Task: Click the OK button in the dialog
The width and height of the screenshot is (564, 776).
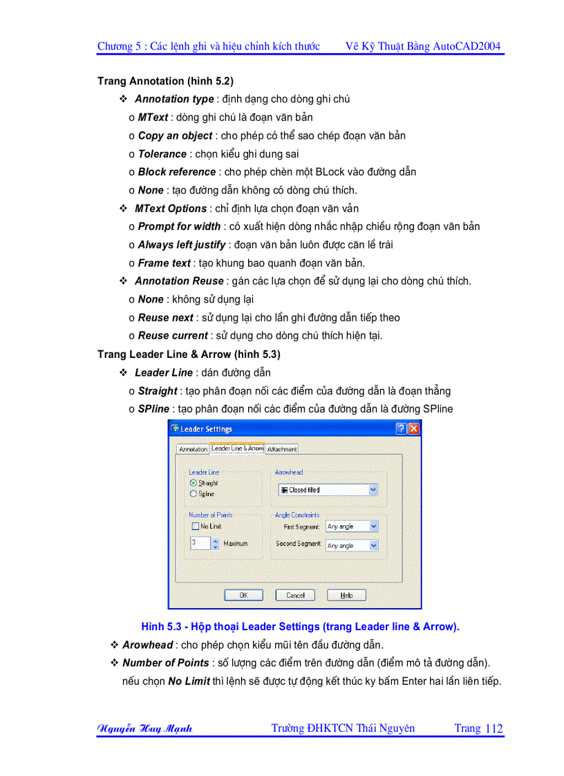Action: tap(243, 595)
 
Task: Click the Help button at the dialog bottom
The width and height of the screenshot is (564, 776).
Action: tap(346, 595)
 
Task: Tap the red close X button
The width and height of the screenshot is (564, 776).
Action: tap(413, 429)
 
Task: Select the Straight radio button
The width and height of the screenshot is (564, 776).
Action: tap(194, 483)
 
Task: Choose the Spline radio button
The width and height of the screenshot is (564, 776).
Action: tap(194, 494)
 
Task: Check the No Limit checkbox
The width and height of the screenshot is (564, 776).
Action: tap(195, 527)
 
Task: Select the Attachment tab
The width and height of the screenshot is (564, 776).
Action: tap(282, 449)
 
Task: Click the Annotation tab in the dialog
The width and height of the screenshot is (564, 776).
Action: tap(193, 449)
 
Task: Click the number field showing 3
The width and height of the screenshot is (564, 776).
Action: tap(197, 544)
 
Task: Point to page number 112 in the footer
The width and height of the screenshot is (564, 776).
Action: tap(494, 728)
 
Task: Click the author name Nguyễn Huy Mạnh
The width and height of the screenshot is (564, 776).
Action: tap(144, 728)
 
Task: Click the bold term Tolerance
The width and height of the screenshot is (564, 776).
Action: tap(162, 154)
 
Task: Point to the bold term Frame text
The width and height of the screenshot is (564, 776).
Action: tap(164, 263)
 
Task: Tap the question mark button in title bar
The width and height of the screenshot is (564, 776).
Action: tap(401, 429)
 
